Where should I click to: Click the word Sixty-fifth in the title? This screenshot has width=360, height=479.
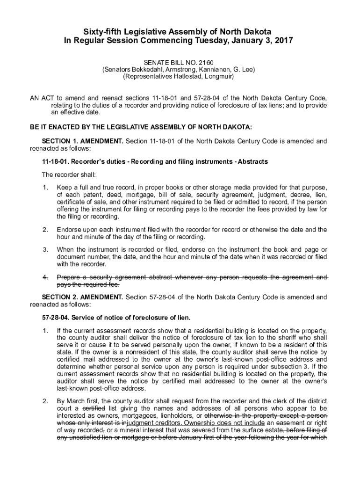[102, 31]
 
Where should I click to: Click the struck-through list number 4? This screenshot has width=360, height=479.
[45, 277]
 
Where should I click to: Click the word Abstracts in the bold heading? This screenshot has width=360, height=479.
[253, 162]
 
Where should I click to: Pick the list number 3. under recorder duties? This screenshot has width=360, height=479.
[45, 250]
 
